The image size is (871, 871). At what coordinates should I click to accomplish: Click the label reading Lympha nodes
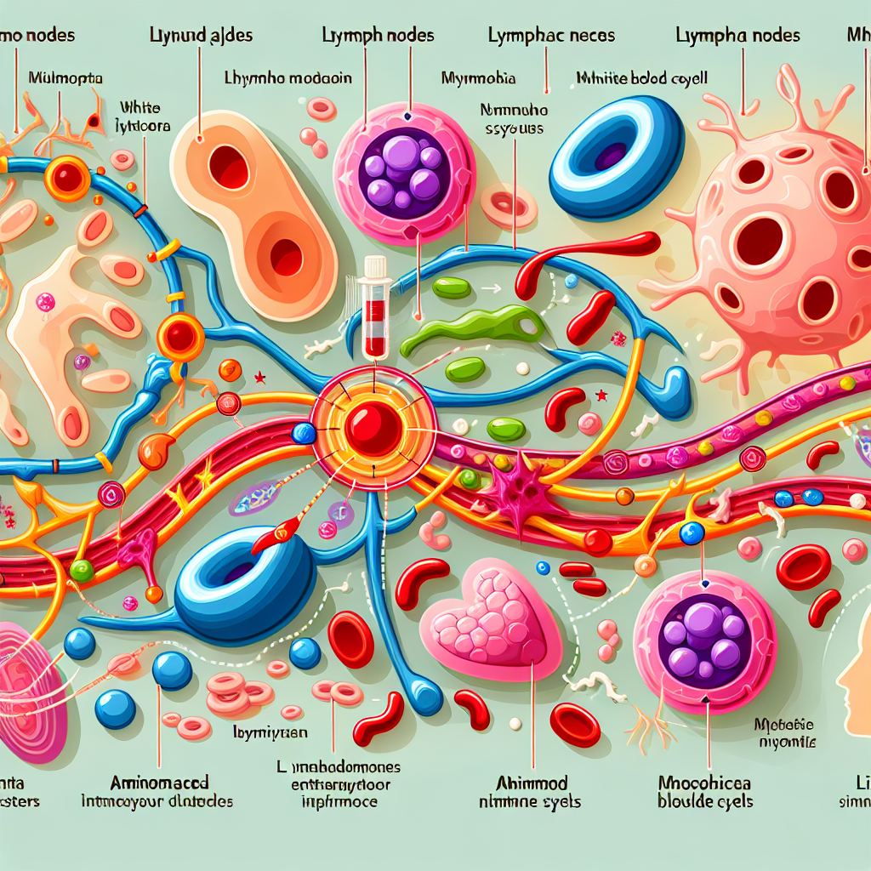[737, 36]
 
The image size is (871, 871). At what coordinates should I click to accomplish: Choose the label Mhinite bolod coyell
[642, 78]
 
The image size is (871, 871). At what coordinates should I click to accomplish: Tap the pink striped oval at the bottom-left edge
[30, 689]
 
